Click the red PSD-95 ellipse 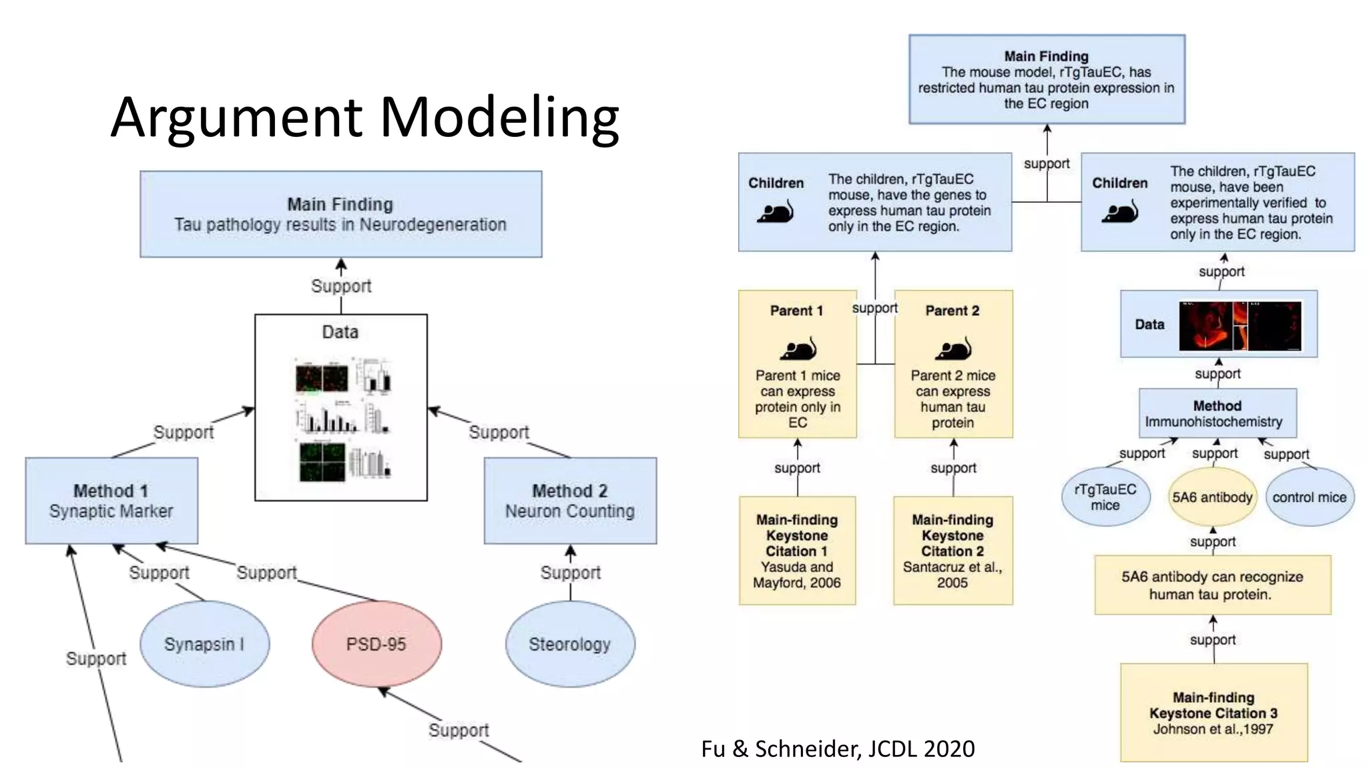(x=376, y=644)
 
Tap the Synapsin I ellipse (x=204, y=644)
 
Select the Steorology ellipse (x=569, y=644)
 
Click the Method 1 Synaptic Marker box (x=111, y=501)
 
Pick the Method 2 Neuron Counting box (x=570, y=501)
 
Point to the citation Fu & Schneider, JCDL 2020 (x=838, y=748)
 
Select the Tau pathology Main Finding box (x=340, y=214)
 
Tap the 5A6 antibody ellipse (x=1212, y=497)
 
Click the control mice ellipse (x=1309, y=497)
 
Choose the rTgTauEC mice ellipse (x=1105, y=497)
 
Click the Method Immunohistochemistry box (x=1217, y=413)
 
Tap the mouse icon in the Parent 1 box (x=798, y=348)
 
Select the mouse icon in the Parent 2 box (x=953, y=348)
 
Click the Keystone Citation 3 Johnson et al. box (x=1213, y=712)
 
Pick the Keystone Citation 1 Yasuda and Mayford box (x=797, y=551)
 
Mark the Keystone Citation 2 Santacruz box (x=952, y=551)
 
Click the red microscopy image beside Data (x=1240, y=326)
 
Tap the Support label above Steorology (x=570, y=572)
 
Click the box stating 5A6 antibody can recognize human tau (x=1212, y=585)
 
